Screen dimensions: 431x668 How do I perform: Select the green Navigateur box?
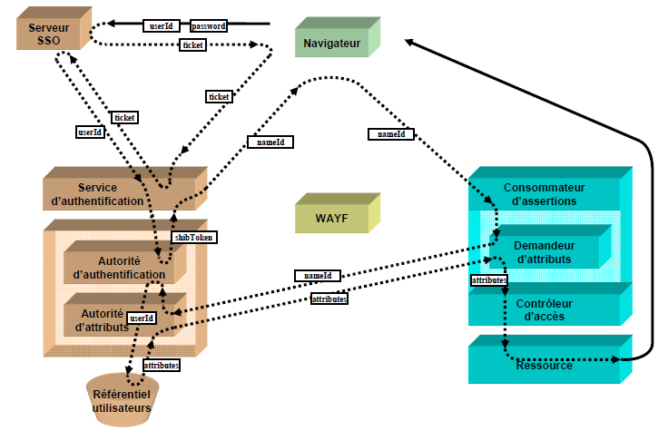(333, 42)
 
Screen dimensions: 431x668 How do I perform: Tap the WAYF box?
(331, 219)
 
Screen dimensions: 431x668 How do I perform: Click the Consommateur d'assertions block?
(545, 193)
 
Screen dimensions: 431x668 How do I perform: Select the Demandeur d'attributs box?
(545, 252)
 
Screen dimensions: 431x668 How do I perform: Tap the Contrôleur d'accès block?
(545, 309)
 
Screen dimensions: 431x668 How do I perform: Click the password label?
(209, 26)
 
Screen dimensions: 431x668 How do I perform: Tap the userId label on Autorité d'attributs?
(142, 318)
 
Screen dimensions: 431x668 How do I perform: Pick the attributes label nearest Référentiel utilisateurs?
(161, 365)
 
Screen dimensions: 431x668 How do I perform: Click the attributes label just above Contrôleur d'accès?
(488, 281)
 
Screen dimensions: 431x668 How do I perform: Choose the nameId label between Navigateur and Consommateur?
(391, 134)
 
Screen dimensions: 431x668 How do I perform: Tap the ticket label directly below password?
(193, 44)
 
